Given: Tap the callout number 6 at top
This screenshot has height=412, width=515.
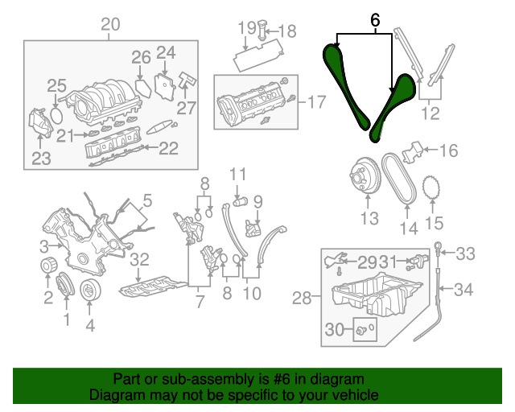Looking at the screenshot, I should [x=374, y=19].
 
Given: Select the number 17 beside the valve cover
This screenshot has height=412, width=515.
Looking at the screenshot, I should [x=317, y=102].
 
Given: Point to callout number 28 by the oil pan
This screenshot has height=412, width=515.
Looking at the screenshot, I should [x=301, y=299].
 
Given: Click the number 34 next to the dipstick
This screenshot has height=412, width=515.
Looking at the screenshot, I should [x=465, y=289].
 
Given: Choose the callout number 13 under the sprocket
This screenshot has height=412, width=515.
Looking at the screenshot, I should [x=369, y=218].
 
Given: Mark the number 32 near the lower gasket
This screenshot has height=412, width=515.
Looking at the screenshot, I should [x=140, y=259].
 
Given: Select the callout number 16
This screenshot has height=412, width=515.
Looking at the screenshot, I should [x=447, y=150].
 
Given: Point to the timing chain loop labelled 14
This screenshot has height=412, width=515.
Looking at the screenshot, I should [x=399, y=178].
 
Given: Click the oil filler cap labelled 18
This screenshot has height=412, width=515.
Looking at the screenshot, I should [x=263, y=31].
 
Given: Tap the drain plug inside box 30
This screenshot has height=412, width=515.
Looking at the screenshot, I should [x=362, y=330].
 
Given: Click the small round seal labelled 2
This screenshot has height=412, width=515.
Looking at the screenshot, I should [x=47, y=268].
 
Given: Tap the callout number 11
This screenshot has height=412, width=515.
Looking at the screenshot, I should [x=237, y=175].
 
